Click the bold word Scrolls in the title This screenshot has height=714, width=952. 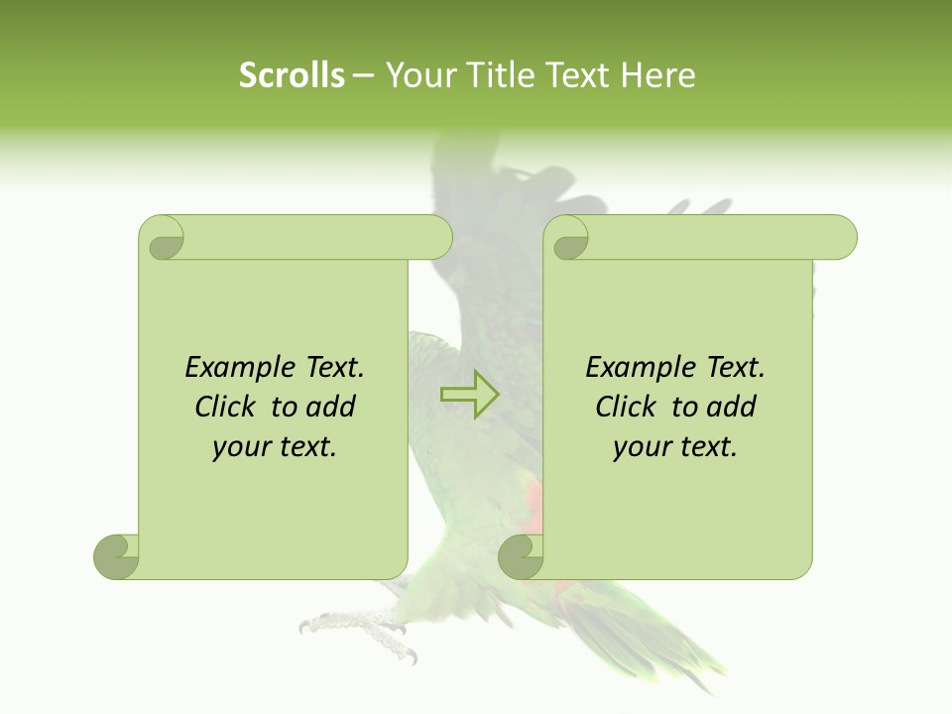(293, 75)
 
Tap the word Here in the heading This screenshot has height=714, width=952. (659, 75)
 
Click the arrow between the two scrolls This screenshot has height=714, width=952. (470, 394)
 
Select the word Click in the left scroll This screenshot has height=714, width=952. (227, 407)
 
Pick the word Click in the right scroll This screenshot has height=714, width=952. (628, 407)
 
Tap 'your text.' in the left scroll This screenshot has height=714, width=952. (275, 447)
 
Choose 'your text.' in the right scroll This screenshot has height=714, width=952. (675, 447)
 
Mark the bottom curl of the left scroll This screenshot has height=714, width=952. (117, 556)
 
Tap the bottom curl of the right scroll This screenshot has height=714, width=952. (521, 556)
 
